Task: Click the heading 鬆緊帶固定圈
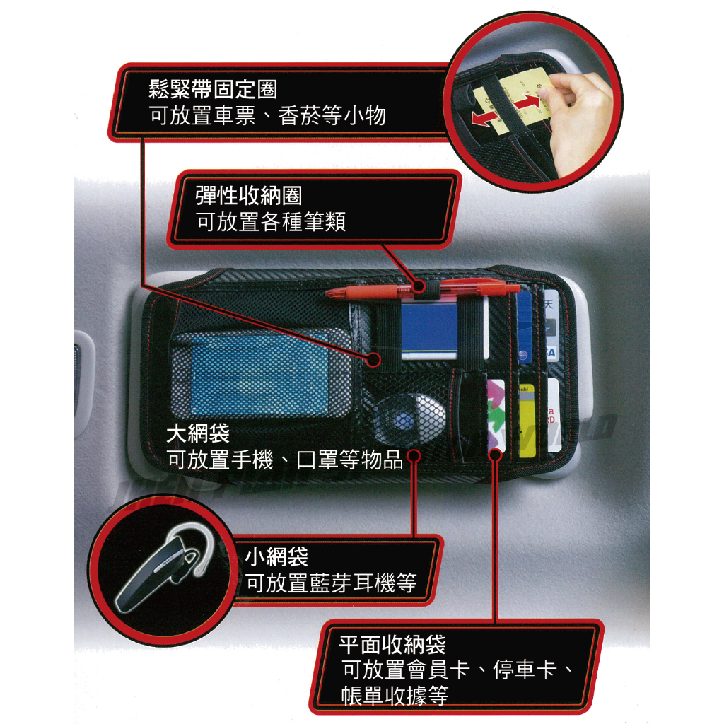[x=213, y=88]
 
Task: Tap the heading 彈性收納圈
[x=248, y=196]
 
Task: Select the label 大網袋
[x=198, y=433]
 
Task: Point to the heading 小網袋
[x=276, y=556]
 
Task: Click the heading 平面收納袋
[x=392, y=645]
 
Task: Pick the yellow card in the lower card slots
[x=526, y=420]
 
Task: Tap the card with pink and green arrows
[x=496, y=414]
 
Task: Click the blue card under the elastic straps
[x=429, y=329]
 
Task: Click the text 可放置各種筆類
[x=271, y=221]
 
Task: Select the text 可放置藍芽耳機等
[x=331, y=583]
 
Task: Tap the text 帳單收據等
[x=395, y=696]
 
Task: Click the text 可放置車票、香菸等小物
[x=267, y=115]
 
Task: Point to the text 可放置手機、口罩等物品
[x=285, y=460]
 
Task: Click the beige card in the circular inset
[x=517, y=97]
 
